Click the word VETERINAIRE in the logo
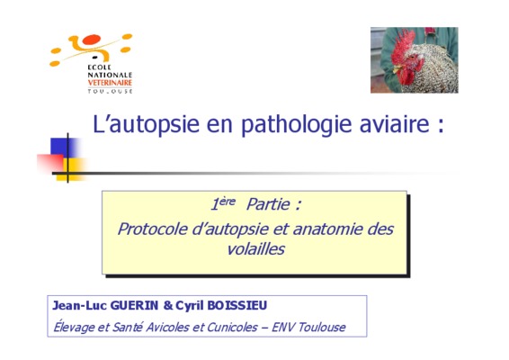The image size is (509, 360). click(110, 83)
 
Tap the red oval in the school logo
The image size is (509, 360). click(92, 40)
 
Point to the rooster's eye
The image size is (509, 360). click(412, 58)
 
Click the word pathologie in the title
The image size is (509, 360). click(296, 124)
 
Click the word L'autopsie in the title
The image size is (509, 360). click(146, 124)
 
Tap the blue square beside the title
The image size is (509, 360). click(64, 148)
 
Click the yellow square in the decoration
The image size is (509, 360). click(71, 169)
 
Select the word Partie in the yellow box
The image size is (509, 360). click(268, 204)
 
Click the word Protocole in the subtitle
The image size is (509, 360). click(153, 229)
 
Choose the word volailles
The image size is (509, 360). click(255, 249)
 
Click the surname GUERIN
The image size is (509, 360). click(134, 305)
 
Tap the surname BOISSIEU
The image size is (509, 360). click(237, 305)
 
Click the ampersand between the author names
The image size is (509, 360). click(168, 305)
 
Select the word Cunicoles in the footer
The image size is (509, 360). click(232, 327)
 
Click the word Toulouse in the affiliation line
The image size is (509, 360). click(322, 327)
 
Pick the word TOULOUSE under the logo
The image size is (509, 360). click(110, 91)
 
